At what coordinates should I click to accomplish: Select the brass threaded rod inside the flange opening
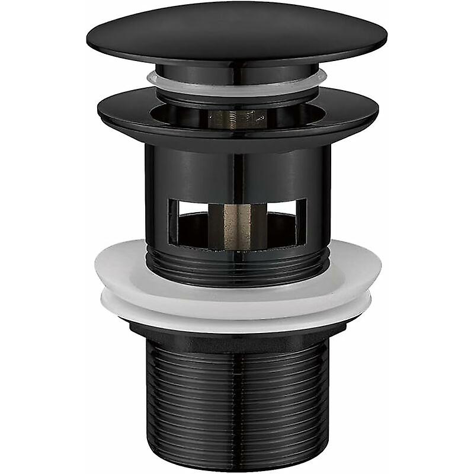coord(236,119)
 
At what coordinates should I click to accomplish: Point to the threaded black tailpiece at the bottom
coord(237,397)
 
